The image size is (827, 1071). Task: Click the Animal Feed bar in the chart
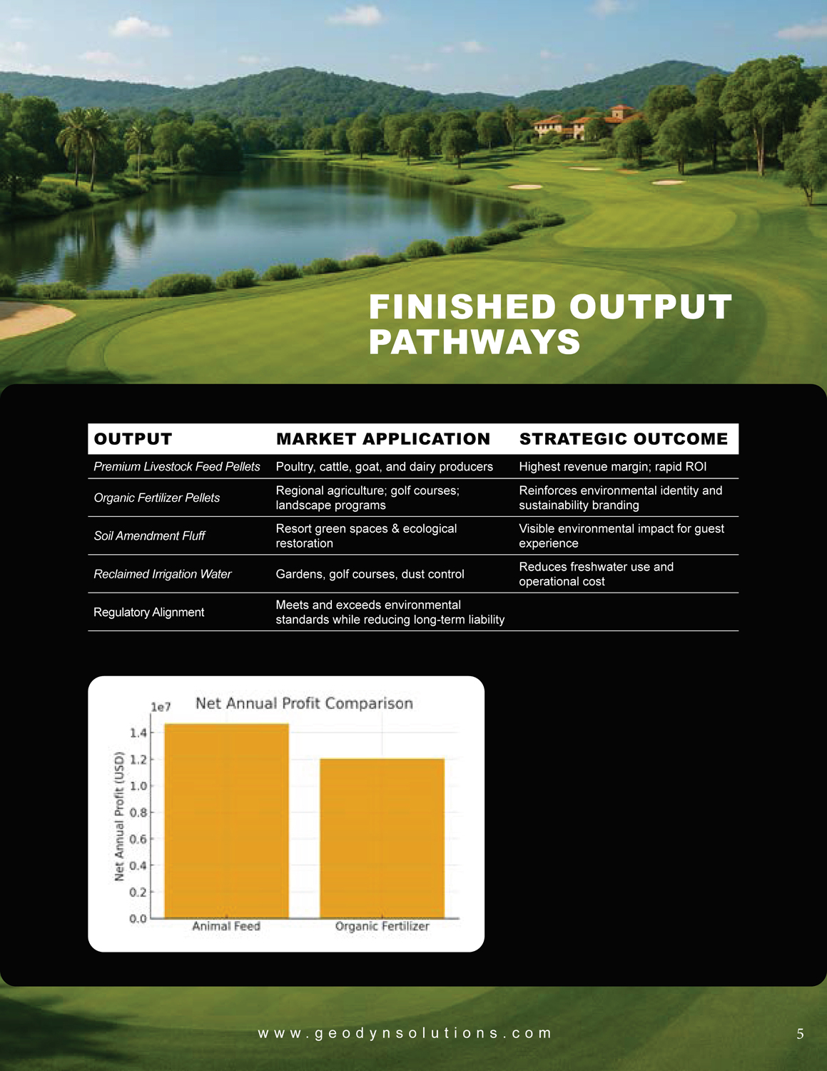(x=226, y=821)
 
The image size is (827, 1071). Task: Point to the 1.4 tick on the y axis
(x=138, y=733)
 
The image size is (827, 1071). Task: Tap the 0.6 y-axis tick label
(x=138, y=839)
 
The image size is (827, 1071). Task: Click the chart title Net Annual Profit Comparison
(x=304, y=703)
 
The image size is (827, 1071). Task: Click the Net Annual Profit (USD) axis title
(x=120, y=815)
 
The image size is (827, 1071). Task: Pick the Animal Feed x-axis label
(x=226, y=926)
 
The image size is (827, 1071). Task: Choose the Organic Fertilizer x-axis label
(x=382, y=926)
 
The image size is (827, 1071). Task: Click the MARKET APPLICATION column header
(x=383, y=439)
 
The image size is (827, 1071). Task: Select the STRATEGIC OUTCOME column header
(x=624, y=439)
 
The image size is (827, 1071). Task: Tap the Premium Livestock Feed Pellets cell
(x=177, y=466)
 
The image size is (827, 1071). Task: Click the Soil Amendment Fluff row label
(x=149, y=535)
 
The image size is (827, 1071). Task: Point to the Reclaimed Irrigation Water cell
(x=163, y=574)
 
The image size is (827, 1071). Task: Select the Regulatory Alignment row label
(x=149, y=612)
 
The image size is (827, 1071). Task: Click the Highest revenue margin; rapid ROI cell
(x=612, y=466)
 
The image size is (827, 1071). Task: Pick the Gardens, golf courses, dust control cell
(x=370, y=574)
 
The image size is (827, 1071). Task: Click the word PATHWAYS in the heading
(x=475, y=342)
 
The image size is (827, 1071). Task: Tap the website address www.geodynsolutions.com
(x=405, y=1033)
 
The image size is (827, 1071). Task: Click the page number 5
(x=800, y=1034)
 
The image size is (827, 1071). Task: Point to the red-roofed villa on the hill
(x=585, y=123)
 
